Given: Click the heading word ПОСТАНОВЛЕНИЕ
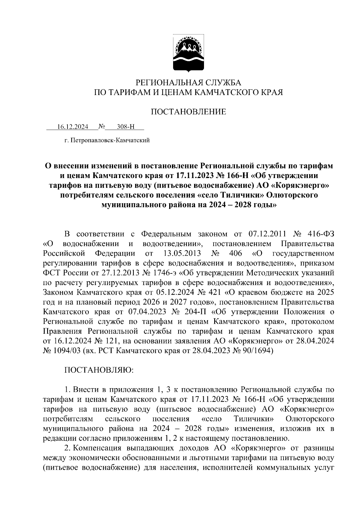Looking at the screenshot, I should coord(188,112).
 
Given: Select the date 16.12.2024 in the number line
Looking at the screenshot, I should coord(73,127).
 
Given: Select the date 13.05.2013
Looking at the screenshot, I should coord(182,253).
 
